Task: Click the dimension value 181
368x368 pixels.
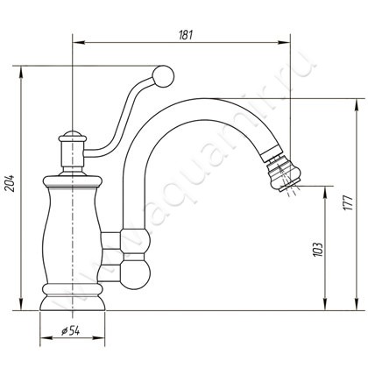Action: click(186, 35)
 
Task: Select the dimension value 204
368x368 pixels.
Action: click(11, 183)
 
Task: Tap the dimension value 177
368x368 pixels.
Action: click(348, 202)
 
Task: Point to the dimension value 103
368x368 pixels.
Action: click(318, 249)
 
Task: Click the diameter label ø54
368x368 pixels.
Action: click(71, 331)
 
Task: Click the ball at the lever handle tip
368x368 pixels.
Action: click(163, 76)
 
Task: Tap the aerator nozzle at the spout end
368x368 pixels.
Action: click(283, 175)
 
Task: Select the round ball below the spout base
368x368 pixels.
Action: click(135, 274)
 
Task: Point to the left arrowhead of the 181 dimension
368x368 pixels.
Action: click(78, 43)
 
